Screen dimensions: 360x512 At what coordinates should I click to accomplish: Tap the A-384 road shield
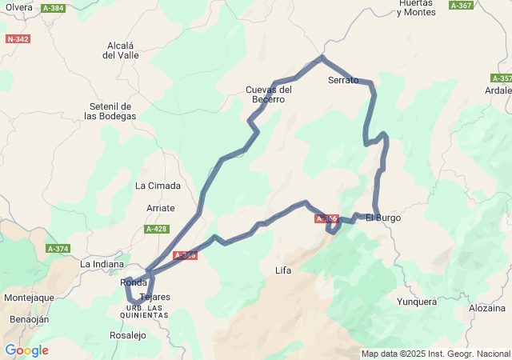click(53, 8)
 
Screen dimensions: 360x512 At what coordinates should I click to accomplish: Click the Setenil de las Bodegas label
click(110, 111)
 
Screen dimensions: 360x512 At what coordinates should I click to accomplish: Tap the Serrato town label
click(343, 81)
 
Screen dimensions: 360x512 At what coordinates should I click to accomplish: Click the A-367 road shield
click(461, 6)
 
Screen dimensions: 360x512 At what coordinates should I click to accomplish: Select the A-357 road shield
click(502, 78)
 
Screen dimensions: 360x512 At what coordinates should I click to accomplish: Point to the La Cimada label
click(158, 186)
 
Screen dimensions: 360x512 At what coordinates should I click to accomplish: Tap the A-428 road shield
click(157, 229)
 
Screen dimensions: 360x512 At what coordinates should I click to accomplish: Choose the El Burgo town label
click(383, 218)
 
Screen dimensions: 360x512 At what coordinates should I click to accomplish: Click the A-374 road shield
click(58, 249)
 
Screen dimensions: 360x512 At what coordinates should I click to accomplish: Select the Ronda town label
click(133, 283)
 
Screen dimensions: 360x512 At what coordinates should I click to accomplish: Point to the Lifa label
click(282, 270)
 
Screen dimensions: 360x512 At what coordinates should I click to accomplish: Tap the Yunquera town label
click(417, 302)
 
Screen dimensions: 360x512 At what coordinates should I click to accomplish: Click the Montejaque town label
click(29, 298)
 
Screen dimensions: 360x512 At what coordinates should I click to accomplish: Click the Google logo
click(26, 350)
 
